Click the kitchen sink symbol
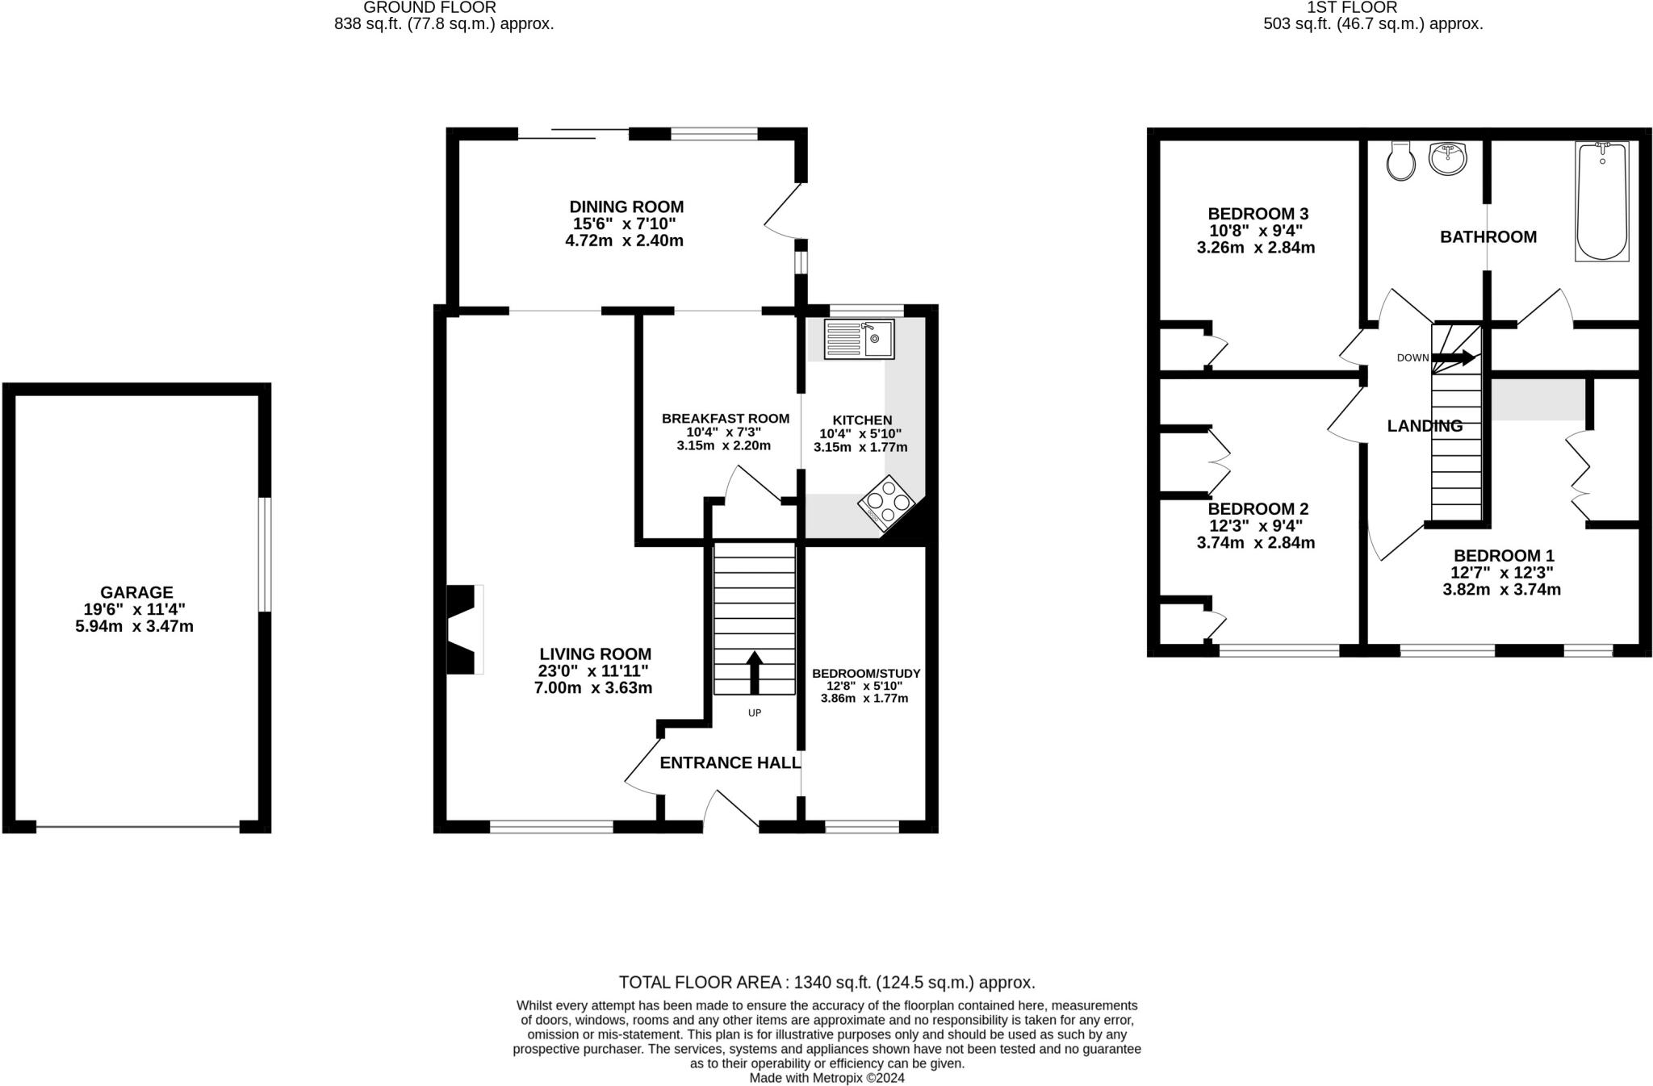(x=858, y=339)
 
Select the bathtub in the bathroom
(x=1601, y=202)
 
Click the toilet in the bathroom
(x=1400, y=162)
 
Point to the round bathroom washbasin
(x=1449, y=158)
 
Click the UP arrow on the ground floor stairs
(x=754, y=672)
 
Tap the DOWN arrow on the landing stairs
(x=1453, y=357)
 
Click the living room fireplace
(x=465, y=629)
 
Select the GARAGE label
(x=136, y=592)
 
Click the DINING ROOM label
(x=626, y=207)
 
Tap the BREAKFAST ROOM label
(x=725, y=418)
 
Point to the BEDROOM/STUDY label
(x=865, y=673)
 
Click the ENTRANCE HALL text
(x=730, y=762)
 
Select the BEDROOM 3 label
(x=1258, y=214)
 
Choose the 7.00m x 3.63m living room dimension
(x=592, y=688)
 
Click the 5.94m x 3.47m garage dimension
(x=134, y=626)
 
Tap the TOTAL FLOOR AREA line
(x=826, y=982)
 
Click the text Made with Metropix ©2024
(x=826, y=1078)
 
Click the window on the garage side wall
(x=265, y=554)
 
